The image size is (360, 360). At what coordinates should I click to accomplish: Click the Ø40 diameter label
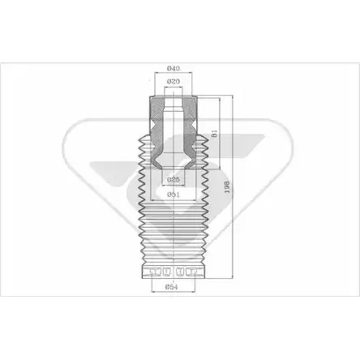[174, 68]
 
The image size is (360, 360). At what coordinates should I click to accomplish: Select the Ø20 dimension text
[174, 81]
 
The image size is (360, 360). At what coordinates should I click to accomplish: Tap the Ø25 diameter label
[174, 179]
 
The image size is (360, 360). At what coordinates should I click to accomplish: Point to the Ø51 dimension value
[174, 195]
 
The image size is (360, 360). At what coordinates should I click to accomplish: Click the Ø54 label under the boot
[172, 287]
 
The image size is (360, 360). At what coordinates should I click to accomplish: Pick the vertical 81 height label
[215, 134]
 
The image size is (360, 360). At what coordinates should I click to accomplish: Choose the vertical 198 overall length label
[227, 186]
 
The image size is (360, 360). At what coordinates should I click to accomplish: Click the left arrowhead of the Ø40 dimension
[156, 72]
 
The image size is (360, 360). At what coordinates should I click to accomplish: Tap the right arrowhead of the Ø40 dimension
[191, 72]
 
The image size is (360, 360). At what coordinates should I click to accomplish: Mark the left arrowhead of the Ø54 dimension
[153, 291]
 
